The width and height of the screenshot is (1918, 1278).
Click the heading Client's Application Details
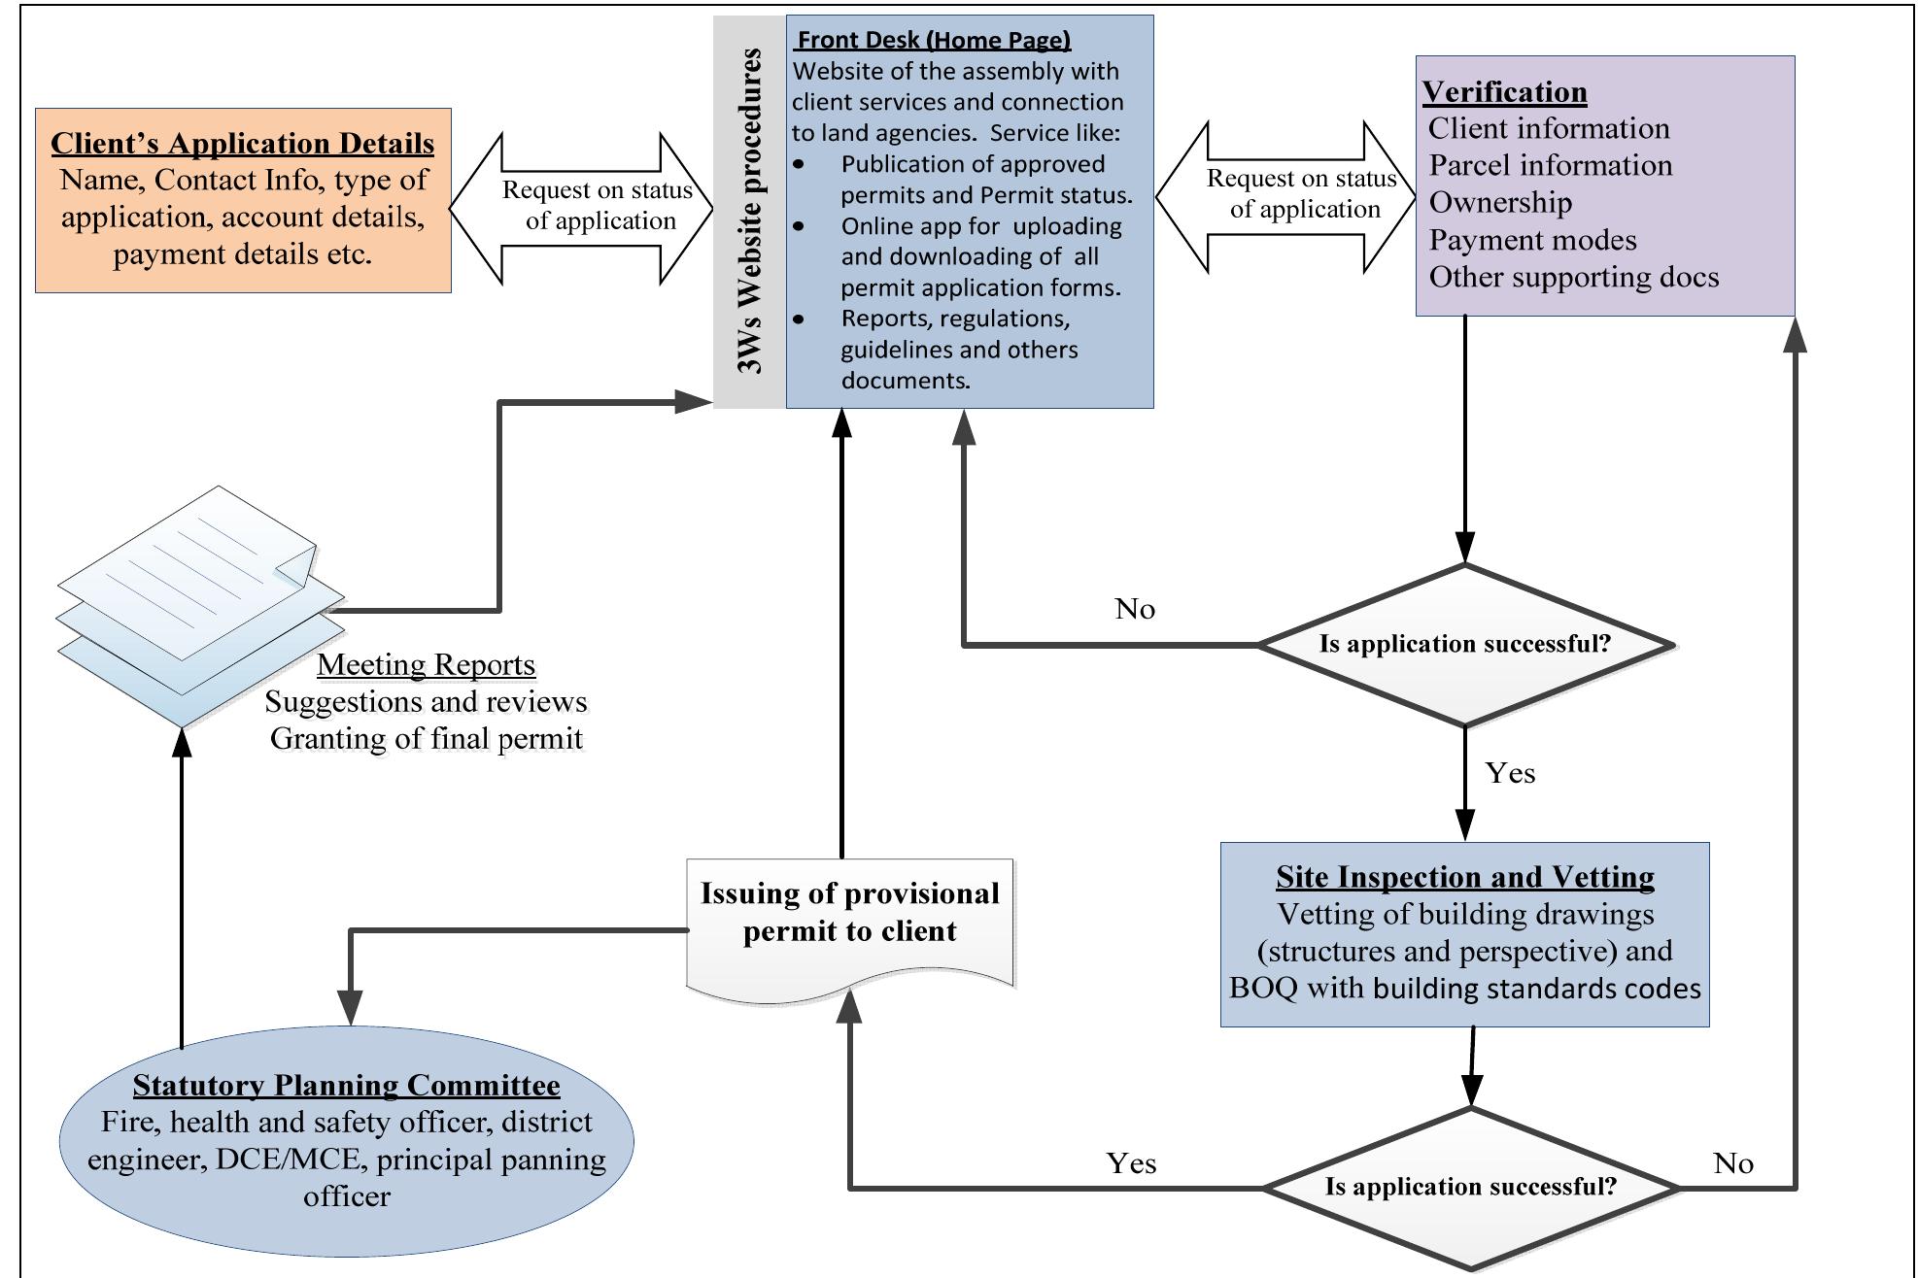click(242, 144)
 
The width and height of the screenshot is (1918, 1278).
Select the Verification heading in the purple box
click(1504, 92)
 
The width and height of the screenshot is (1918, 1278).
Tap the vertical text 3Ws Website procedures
click(749, 211)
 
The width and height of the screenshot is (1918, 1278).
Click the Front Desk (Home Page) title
click(933, 40)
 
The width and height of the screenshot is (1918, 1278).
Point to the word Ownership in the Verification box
click(1499, 202)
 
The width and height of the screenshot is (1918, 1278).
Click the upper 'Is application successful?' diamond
click(1464, 644)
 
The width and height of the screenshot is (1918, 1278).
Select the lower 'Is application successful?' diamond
click(1470, 1187)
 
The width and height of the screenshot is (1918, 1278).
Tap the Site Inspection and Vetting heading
click(1464, 877)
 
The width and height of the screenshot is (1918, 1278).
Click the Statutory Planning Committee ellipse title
click(346, 1085)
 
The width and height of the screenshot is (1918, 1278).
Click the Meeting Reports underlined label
click(426, 665)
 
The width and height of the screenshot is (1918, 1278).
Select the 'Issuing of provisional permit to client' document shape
click(849, 923)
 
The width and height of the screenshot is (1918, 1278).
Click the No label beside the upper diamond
click(1134, 609)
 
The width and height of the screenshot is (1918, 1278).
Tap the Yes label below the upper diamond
click(1510, 773)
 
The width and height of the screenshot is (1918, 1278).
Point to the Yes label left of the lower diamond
click(1131, 1163)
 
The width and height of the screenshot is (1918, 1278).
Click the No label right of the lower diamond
click(1732, 1163)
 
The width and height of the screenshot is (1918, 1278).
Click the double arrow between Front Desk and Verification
click(1284, 195)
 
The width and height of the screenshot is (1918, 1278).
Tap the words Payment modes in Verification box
click(1531, 240)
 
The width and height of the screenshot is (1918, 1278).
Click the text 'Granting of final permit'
click(426, 739)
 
